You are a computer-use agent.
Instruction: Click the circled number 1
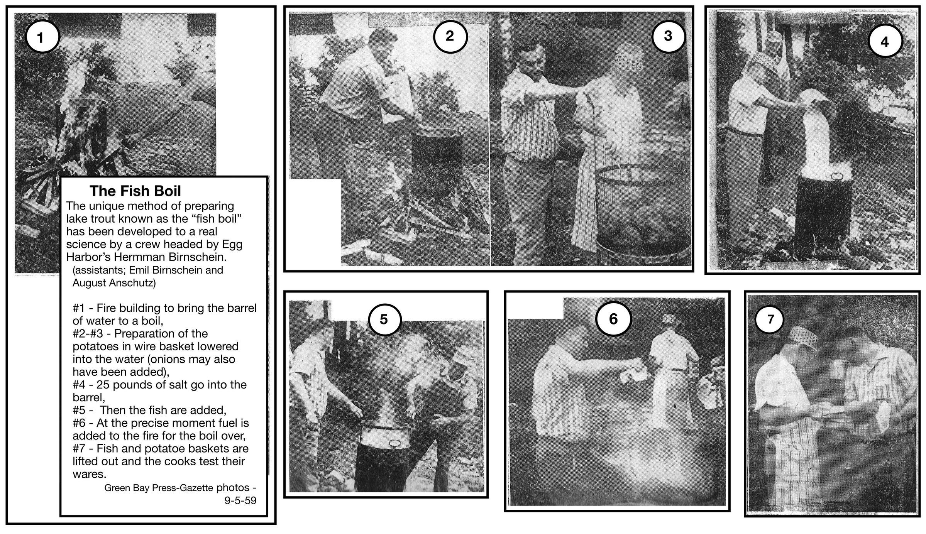(42, 37)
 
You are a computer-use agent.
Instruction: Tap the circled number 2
(450, 36)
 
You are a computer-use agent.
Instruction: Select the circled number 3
(668, 36)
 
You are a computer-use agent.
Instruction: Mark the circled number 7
(770, 319)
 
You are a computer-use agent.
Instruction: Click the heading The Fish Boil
(135, 191)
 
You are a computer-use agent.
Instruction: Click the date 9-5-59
(240, 501)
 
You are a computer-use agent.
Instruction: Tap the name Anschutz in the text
(132, 283)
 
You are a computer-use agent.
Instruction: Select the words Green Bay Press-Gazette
(159, 488)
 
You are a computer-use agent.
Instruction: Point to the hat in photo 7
(803, 338)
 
